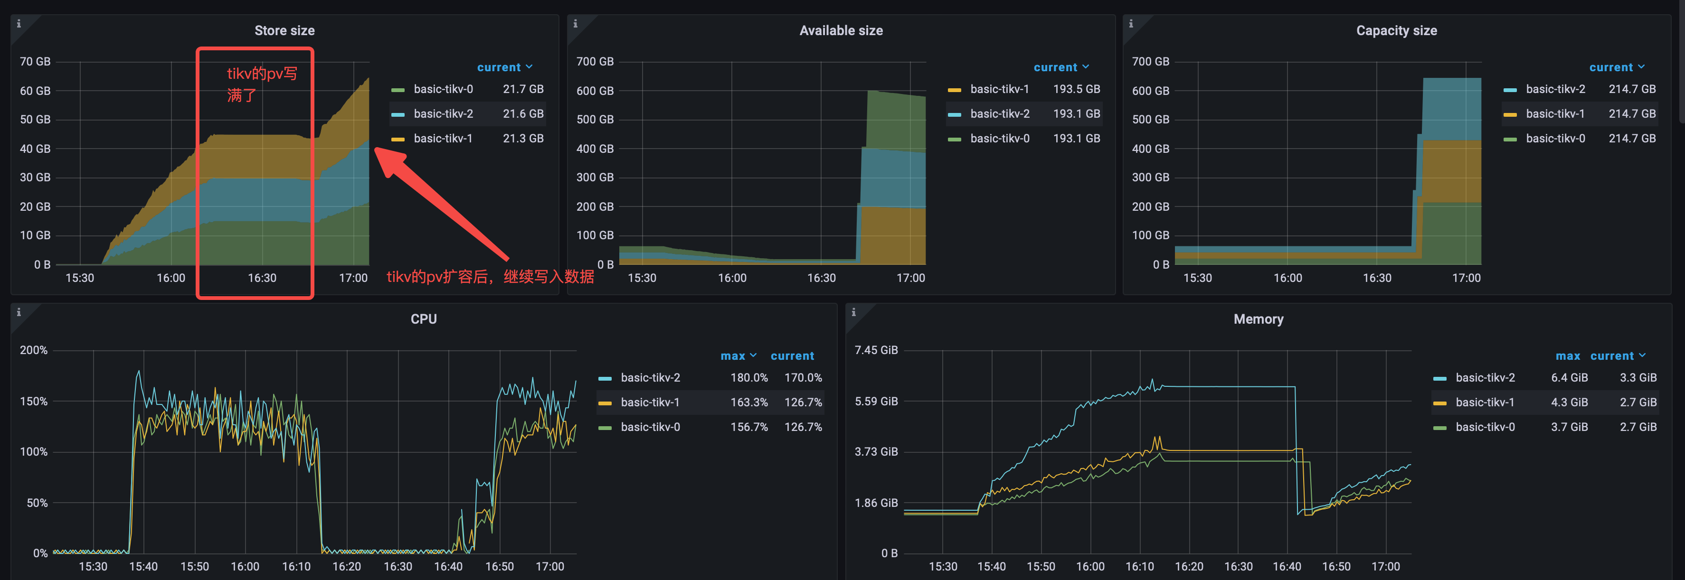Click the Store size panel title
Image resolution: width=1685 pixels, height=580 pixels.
point(284,31)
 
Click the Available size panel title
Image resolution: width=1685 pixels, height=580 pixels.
point(841,31)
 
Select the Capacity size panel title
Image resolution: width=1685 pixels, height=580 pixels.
point(1397,31)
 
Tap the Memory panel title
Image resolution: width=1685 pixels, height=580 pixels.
point(1259,319)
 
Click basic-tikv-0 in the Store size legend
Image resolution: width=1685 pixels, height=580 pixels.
point(443,89)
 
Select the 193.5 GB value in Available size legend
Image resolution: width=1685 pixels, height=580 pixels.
point(1076,89)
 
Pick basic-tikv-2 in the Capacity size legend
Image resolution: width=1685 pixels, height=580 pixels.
point(1555,89)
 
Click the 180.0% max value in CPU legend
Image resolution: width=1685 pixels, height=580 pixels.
point(749,378)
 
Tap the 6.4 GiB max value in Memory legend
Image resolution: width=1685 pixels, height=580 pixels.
point(1569,378)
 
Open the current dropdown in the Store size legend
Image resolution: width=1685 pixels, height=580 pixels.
point(505,67)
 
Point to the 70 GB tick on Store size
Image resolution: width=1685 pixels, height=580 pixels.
point(35,62)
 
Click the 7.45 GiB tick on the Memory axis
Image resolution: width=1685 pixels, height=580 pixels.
point(876,350)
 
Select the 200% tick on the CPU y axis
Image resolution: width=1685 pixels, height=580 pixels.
point(33,350)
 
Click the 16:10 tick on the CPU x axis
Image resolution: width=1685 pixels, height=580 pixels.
point(296,566)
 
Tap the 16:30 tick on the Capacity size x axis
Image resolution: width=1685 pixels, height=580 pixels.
point(1377,278)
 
